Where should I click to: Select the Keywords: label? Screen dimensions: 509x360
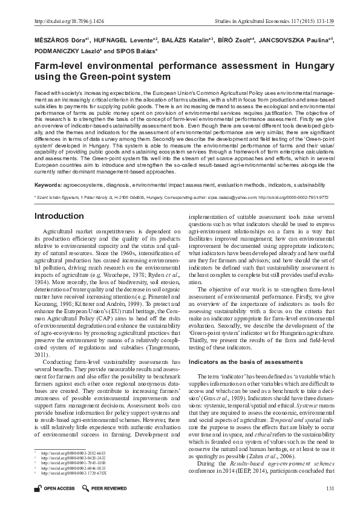[x=48, y=184]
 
